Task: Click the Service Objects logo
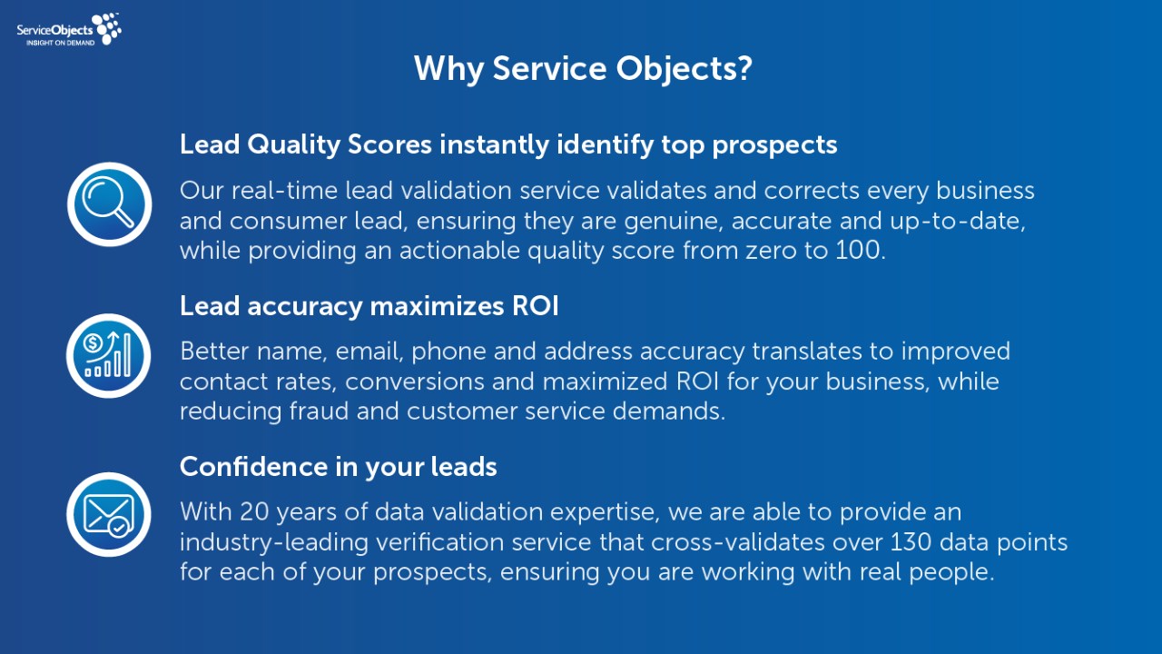(69, 30)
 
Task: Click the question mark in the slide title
(744, 68)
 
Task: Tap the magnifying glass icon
(110, 204)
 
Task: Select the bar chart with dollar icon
(108, 355)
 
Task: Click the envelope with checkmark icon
(108, 514)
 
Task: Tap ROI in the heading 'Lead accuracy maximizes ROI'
(536, 306)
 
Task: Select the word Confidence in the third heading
(253, 466)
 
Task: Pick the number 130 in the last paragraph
(911, 542)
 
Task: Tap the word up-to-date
(958, 222)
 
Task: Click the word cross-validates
(738, 542)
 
